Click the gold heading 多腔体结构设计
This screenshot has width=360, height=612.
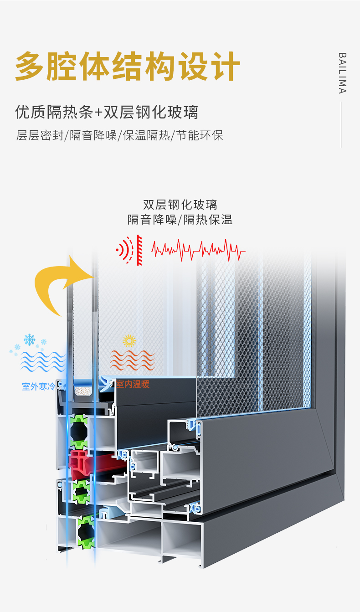click(x=128, y=66)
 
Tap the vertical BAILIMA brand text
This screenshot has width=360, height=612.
click(x=342, y=73)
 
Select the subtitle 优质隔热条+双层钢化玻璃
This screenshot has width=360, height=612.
click(x=107, y=112)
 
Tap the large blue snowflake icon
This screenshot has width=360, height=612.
click(x=30, y=339)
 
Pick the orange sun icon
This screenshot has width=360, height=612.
click(x=129, y=341)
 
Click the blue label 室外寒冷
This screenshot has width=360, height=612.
click(x=38, y=387)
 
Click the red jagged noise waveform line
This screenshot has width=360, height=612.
click(x=198, y=250)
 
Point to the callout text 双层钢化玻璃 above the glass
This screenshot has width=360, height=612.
click(x=180, y=204)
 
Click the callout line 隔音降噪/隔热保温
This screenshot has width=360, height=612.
click(x=180, y=220)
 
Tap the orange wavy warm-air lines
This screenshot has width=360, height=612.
click(x=132, y=360)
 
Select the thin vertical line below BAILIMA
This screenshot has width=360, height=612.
click(x=341, y=124)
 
